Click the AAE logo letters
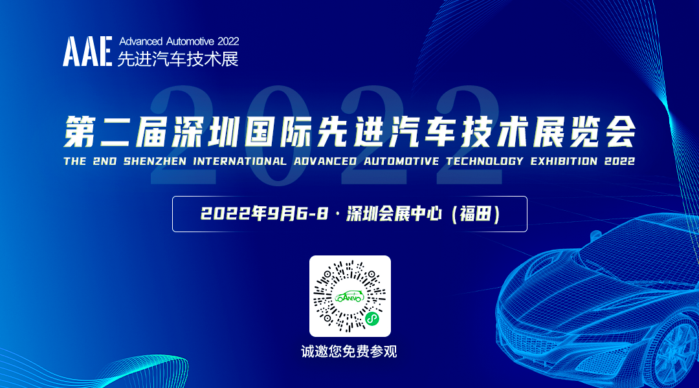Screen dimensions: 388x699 pyautogui.click(x=88, y=51)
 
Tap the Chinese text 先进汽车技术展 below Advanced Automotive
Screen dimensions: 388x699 pyautogui.click(x=178, y=59)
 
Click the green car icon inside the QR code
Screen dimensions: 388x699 pyautogui.click(x=349, y=296)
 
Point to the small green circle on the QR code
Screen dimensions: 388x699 pyautogui.click(x=372, y=318)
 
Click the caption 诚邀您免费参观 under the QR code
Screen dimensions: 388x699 pyautogui.click(x=349, y=352)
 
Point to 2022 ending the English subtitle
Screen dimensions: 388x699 pyautogui.click(x=620, y=161)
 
